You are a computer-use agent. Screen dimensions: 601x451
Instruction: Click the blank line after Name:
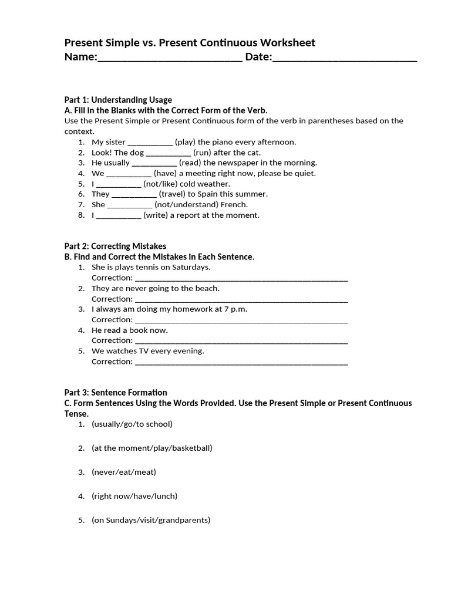170,59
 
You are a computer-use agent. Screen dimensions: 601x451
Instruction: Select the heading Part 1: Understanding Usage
118,100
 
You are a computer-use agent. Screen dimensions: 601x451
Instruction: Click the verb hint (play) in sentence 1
186,142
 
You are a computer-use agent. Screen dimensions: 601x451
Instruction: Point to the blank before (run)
168,153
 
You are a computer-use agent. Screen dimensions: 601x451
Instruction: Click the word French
234,205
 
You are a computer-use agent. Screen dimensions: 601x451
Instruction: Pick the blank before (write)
118,215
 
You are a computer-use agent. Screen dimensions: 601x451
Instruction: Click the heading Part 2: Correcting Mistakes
115,247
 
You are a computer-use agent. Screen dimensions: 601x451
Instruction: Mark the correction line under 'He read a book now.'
241,341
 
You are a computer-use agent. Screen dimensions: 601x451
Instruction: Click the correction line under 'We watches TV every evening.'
241,362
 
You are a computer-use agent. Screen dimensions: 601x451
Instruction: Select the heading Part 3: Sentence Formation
116,393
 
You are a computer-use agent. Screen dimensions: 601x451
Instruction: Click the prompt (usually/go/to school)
132,424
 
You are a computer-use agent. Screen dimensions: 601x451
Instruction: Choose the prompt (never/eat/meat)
124,472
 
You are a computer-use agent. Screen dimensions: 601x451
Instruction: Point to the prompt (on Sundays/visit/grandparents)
151,520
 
